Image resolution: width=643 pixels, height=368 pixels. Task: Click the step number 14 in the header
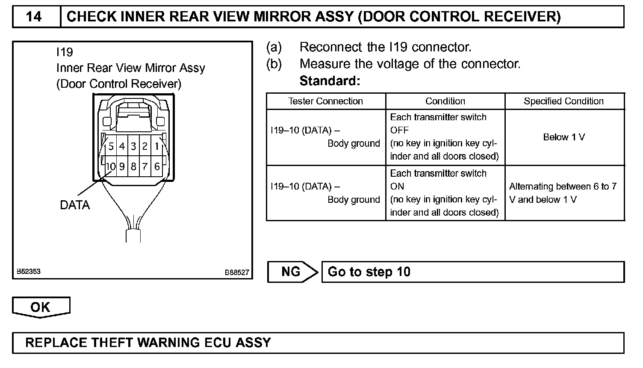pos(34,17)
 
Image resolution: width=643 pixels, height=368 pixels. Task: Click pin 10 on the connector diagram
pos(110,166)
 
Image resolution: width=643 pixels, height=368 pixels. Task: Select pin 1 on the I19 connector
pos(157,146)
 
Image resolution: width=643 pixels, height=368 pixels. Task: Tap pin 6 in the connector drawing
pos(157,166)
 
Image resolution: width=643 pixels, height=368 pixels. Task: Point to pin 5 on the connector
pos(111,146)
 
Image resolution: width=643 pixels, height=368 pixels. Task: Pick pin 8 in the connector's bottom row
pos(133,166)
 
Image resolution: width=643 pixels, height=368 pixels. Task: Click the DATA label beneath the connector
pos(75,205)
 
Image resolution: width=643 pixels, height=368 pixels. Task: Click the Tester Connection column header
pos(325,101)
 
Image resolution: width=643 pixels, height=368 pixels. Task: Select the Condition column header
pos(445,101)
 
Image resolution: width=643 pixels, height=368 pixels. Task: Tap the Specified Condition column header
pos(564,101)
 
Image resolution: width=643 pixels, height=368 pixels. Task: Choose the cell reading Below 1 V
pos(564,137)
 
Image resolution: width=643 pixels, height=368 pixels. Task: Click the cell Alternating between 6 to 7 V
pos(563,193)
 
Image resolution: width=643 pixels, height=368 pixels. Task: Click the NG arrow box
pos(292,272)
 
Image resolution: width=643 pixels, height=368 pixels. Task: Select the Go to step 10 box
pos(472,272)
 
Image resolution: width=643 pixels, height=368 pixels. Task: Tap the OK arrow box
pos(41,307)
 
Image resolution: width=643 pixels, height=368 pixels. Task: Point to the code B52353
pos(29,272)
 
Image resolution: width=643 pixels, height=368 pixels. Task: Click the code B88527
pos(237,273)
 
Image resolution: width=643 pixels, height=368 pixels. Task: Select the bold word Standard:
pos(330,81)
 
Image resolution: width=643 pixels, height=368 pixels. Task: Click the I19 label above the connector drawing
pos(65,52)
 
